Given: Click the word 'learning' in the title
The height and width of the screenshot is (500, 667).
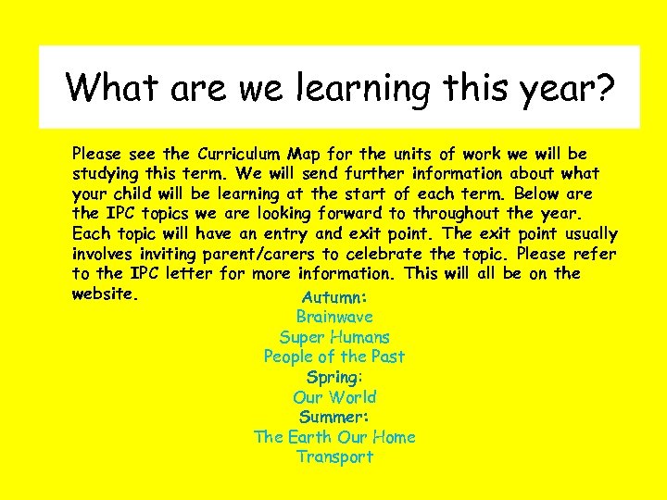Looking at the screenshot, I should pos(353,90).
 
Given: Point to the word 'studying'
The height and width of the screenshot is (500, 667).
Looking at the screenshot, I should pos(107,174).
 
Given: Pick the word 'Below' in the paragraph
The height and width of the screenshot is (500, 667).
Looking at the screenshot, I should pos(535,194).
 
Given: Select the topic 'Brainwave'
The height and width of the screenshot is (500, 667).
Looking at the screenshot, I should pos(334,318).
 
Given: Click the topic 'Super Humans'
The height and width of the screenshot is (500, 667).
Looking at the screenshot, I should pos(334,338).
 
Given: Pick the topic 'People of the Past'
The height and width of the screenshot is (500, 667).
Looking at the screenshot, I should pos(334,357).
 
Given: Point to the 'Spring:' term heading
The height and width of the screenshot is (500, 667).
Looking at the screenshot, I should pos(334,378).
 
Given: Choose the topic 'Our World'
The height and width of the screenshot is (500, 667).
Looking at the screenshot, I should pos(334,397).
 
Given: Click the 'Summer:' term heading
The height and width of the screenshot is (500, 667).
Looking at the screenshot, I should pos(334,418).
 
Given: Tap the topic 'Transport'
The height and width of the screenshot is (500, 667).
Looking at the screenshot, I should pos(334,457).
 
